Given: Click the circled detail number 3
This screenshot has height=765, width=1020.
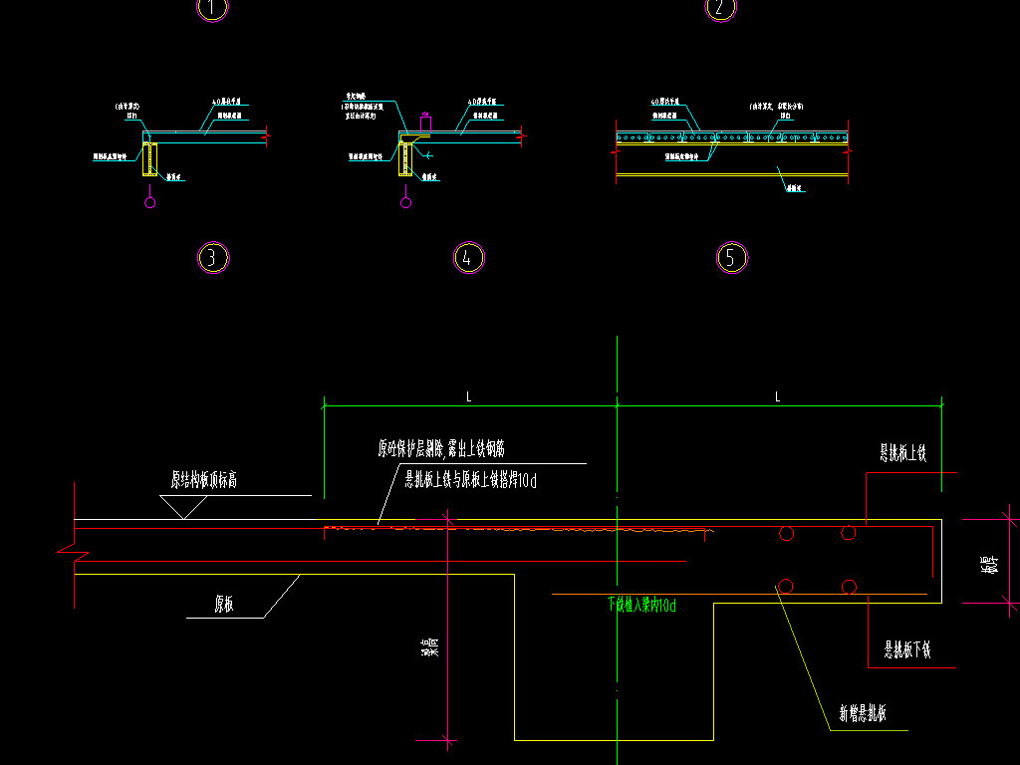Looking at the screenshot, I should [x=213, y=258].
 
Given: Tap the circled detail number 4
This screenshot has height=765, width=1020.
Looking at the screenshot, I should [x=468, y=258].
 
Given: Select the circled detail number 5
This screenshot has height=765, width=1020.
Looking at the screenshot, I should [x=732, y=258].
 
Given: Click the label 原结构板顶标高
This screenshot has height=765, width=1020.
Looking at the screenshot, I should [x=203, y=480].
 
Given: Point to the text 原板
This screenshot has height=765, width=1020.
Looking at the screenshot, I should [x=224, y=604].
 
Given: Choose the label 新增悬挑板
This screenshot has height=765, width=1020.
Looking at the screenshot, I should [x=863, y=714].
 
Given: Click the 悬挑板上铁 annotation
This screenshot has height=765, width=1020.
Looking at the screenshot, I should [x=902, y=454].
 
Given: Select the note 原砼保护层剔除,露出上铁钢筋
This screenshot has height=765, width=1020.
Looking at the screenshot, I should [x=447, y=449].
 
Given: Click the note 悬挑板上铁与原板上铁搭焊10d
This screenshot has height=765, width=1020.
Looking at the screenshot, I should [x=470, y=481].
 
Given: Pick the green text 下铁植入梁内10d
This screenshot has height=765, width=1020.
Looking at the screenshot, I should [x=641, y=605].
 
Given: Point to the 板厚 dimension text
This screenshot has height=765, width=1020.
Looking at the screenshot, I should [x=989, y=564].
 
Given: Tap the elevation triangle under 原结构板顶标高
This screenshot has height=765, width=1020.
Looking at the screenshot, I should [x=185, y=507].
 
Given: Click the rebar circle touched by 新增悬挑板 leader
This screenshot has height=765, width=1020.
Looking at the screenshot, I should [x=787, y=586].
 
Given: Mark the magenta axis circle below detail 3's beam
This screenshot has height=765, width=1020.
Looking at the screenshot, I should [x=150, y=204].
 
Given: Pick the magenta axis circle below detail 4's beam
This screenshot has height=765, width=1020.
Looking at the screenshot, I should [x=405, y=204].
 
